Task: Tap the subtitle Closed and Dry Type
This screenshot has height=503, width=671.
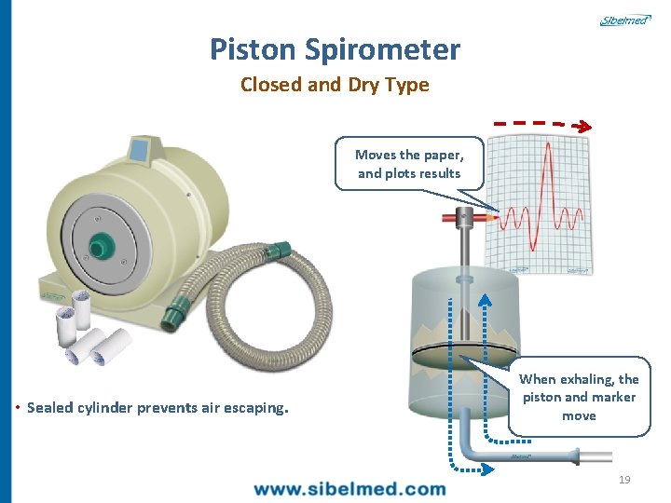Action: tap(335, 85)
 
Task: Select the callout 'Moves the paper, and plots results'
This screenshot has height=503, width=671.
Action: tap(408, 164)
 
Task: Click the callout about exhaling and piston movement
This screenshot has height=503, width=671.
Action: tap(579, 397)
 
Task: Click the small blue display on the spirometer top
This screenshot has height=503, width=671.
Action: tap(139, 148)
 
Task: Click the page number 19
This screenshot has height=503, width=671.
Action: tap(624, 480)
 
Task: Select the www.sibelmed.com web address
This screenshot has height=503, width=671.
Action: tap(349, 488)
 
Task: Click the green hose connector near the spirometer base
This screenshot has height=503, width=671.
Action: tap(173, 316)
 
